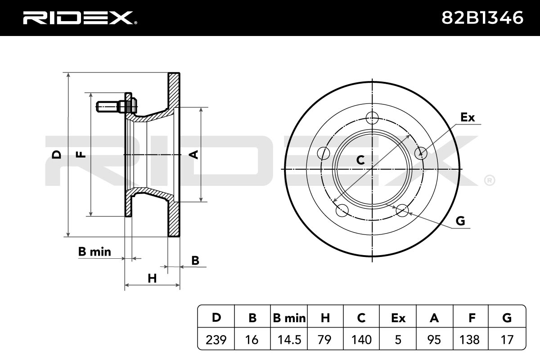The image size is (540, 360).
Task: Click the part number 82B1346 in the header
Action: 482,18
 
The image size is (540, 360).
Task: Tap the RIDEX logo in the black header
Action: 80,18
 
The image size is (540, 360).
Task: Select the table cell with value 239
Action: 216,340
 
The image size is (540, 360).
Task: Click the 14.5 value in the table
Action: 289,340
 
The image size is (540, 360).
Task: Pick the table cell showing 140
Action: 361,340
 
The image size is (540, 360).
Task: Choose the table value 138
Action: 469,340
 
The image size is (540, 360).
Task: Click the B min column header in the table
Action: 289,318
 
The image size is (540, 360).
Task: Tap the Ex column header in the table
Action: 398,318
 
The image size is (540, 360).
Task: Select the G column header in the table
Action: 507,318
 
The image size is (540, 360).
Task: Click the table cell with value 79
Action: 324,340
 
